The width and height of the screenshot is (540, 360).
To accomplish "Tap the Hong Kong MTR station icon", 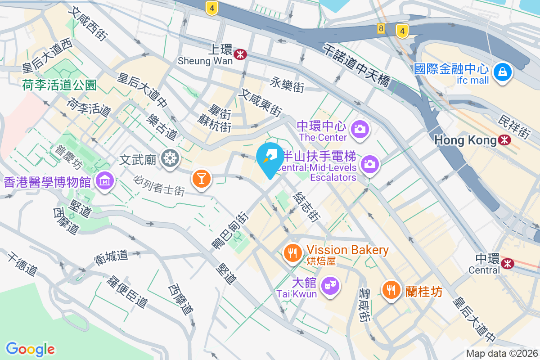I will (x=505, y=140).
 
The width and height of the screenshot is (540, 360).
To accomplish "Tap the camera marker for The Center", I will (x=360, y=129).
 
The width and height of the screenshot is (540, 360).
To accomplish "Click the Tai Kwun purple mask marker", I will (x=330, y=285).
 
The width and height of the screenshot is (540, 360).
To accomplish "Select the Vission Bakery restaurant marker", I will (x=293, y=253).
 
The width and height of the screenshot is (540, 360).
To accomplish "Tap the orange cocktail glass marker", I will (x=201, y=179).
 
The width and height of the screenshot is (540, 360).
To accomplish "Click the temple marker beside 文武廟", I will (x=171, y=158).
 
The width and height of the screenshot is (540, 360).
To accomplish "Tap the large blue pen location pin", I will (x=270, y=157).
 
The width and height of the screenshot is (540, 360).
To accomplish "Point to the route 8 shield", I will (x=382, y=29).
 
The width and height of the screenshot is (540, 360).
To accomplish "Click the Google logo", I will (x=30, y=349).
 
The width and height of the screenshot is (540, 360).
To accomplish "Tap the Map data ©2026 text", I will (x=501, y=354).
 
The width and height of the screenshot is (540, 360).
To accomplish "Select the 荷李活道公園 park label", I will (x=59, y=84).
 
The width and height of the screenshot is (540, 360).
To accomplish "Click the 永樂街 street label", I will (x=288, y=84).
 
